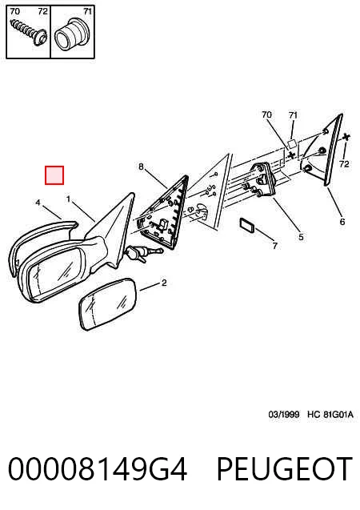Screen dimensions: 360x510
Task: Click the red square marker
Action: coord(54,175)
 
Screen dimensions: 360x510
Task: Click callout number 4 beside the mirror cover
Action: coord(38,203)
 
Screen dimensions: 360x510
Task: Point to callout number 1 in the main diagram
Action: coord(68,199)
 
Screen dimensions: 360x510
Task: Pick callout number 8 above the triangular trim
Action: coord(141,167)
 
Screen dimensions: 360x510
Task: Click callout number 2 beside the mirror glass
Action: coord(164,283)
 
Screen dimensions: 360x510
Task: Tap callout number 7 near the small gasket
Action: coord(275,246)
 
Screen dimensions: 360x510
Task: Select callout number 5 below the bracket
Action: coord(301,237)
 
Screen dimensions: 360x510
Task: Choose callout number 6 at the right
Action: coord(342,222)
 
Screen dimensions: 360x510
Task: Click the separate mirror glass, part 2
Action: coord(108,303)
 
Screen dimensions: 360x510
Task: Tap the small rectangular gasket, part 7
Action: coord(247,225)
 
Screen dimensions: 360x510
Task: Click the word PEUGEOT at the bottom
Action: coord(284,468)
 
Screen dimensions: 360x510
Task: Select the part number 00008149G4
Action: coord(98,468)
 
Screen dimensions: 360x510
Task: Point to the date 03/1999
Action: coord(284,415)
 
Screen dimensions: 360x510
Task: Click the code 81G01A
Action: coord(338,415)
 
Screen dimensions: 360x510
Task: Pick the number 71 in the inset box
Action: coord(87,11)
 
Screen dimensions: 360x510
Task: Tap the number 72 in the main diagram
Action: coord(344,164)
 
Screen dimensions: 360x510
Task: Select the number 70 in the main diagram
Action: coord(266,114)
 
